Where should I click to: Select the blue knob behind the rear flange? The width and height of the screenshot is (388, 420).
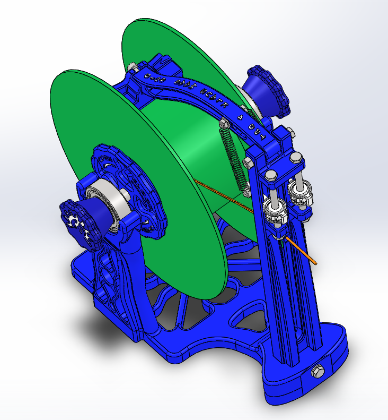[x=268, y=91]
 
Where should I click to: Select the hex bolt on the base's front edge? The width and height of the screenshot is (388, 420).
[x=318, y=371]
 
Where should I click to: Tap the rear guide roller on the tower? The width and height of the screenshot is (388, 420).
[x=301, y=195]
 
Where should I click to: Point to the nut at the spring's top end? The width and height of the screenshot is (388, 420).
[x=223, y=124]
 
